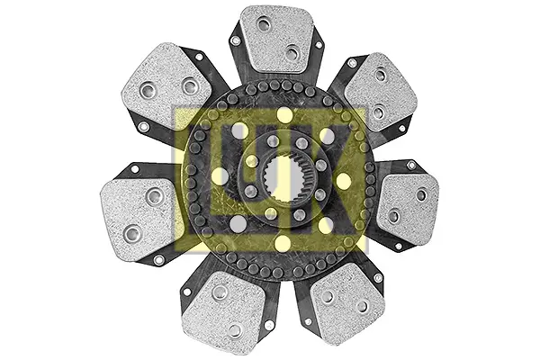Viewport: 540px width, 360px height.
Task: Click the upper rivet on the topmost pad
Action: [x=264, y=24]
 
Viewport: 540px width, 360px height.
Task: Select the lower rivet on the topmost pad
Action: [x=292, y=53]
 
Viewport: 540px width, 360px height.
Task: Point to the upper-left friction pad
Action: [x=166, y=85]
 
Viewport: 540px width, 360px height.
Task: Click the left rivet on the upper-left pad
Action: [x=148, y=91]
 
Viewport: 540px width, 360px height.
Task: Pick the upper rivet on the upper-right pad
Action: [x=381, y=75]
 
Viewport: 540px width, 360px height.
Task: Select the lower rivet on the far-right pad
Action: [x=393, y=216]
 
